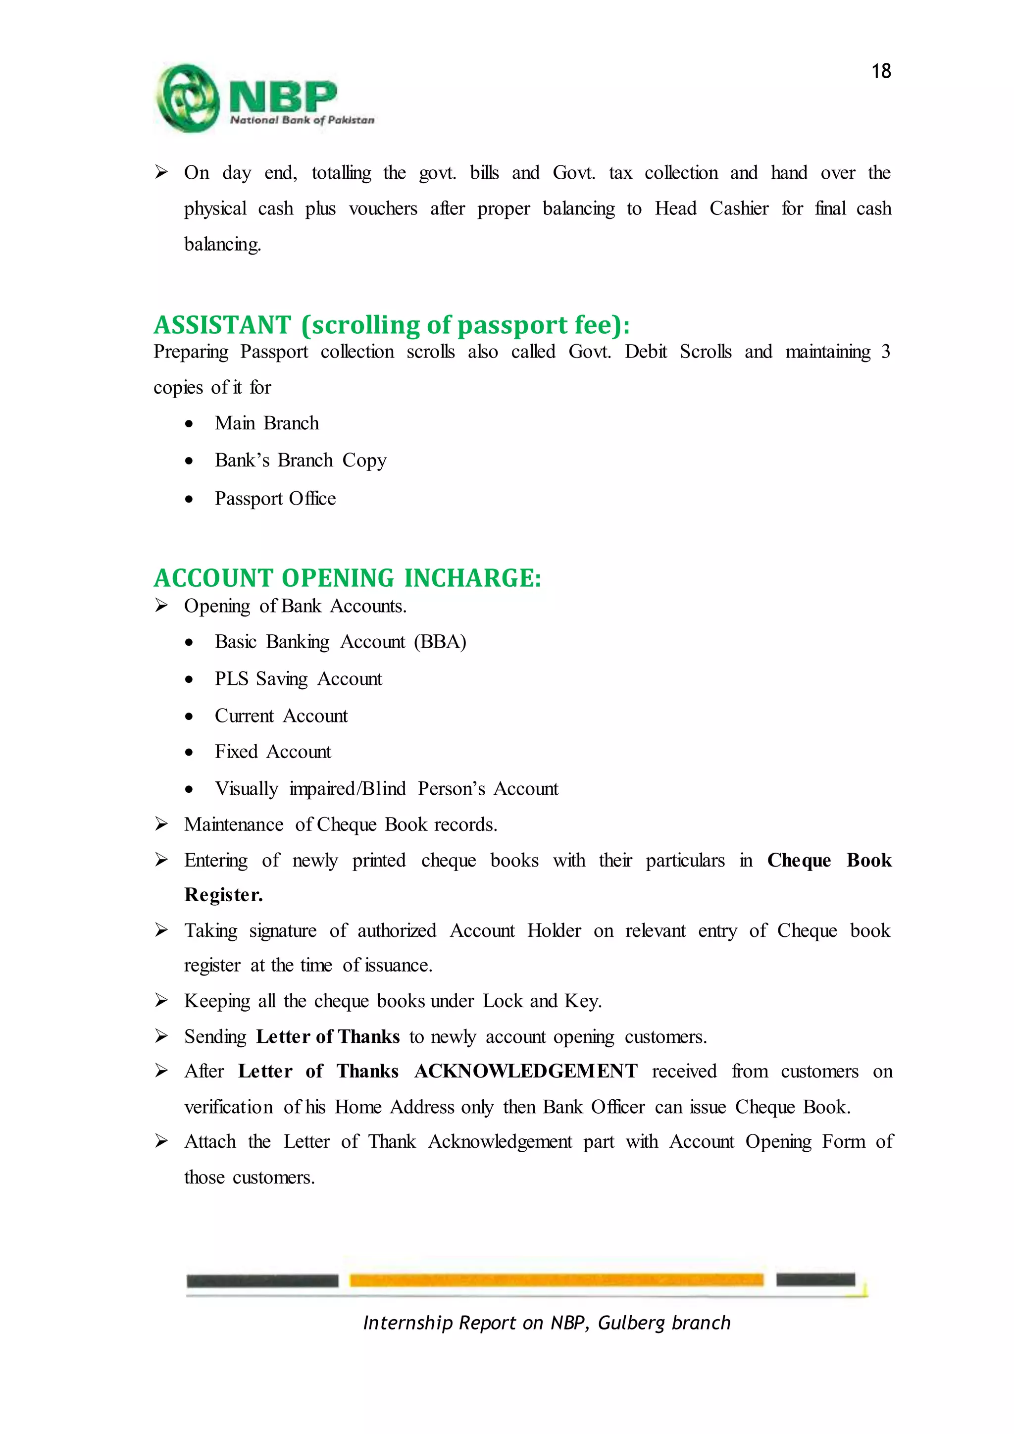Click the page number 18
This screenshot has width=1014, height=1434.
(x=880, y=71)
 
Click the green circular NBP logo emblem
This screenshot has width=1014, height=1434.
(x=187, y=98)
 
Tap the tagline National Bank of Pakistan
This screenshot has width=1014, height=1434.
(x=302, y=120)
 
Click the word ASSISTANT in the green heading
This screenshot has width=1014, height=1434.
(x=222, y=325)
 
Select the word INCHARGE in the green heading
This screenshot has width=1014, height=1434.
(x=473, y=578)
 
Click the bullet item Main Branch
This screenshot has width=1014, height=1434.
(x=266, y=423)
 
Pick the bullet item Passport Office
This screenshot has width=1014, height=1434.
(x=275, y=499)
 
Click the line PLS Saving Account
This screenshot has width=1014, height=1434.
(x=298, y=679)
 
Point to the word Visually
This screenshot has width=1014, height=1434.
(x=246, y=789)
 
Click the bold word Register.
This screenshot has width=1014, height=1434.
(x=223, y=895)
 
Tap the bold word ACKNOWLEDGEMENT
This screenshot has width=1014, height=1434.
(x=526, y=1072)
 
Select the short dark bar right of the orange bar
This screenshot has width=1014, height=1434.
(x=815, y=1280)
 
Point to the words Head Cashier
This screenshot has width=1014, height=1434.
(x=711, y=208)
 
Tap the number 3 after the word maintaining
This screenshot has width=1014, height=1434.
(x=885, y=352)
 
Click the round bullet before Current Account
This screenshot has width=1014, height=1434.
(x=189, y=717)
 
